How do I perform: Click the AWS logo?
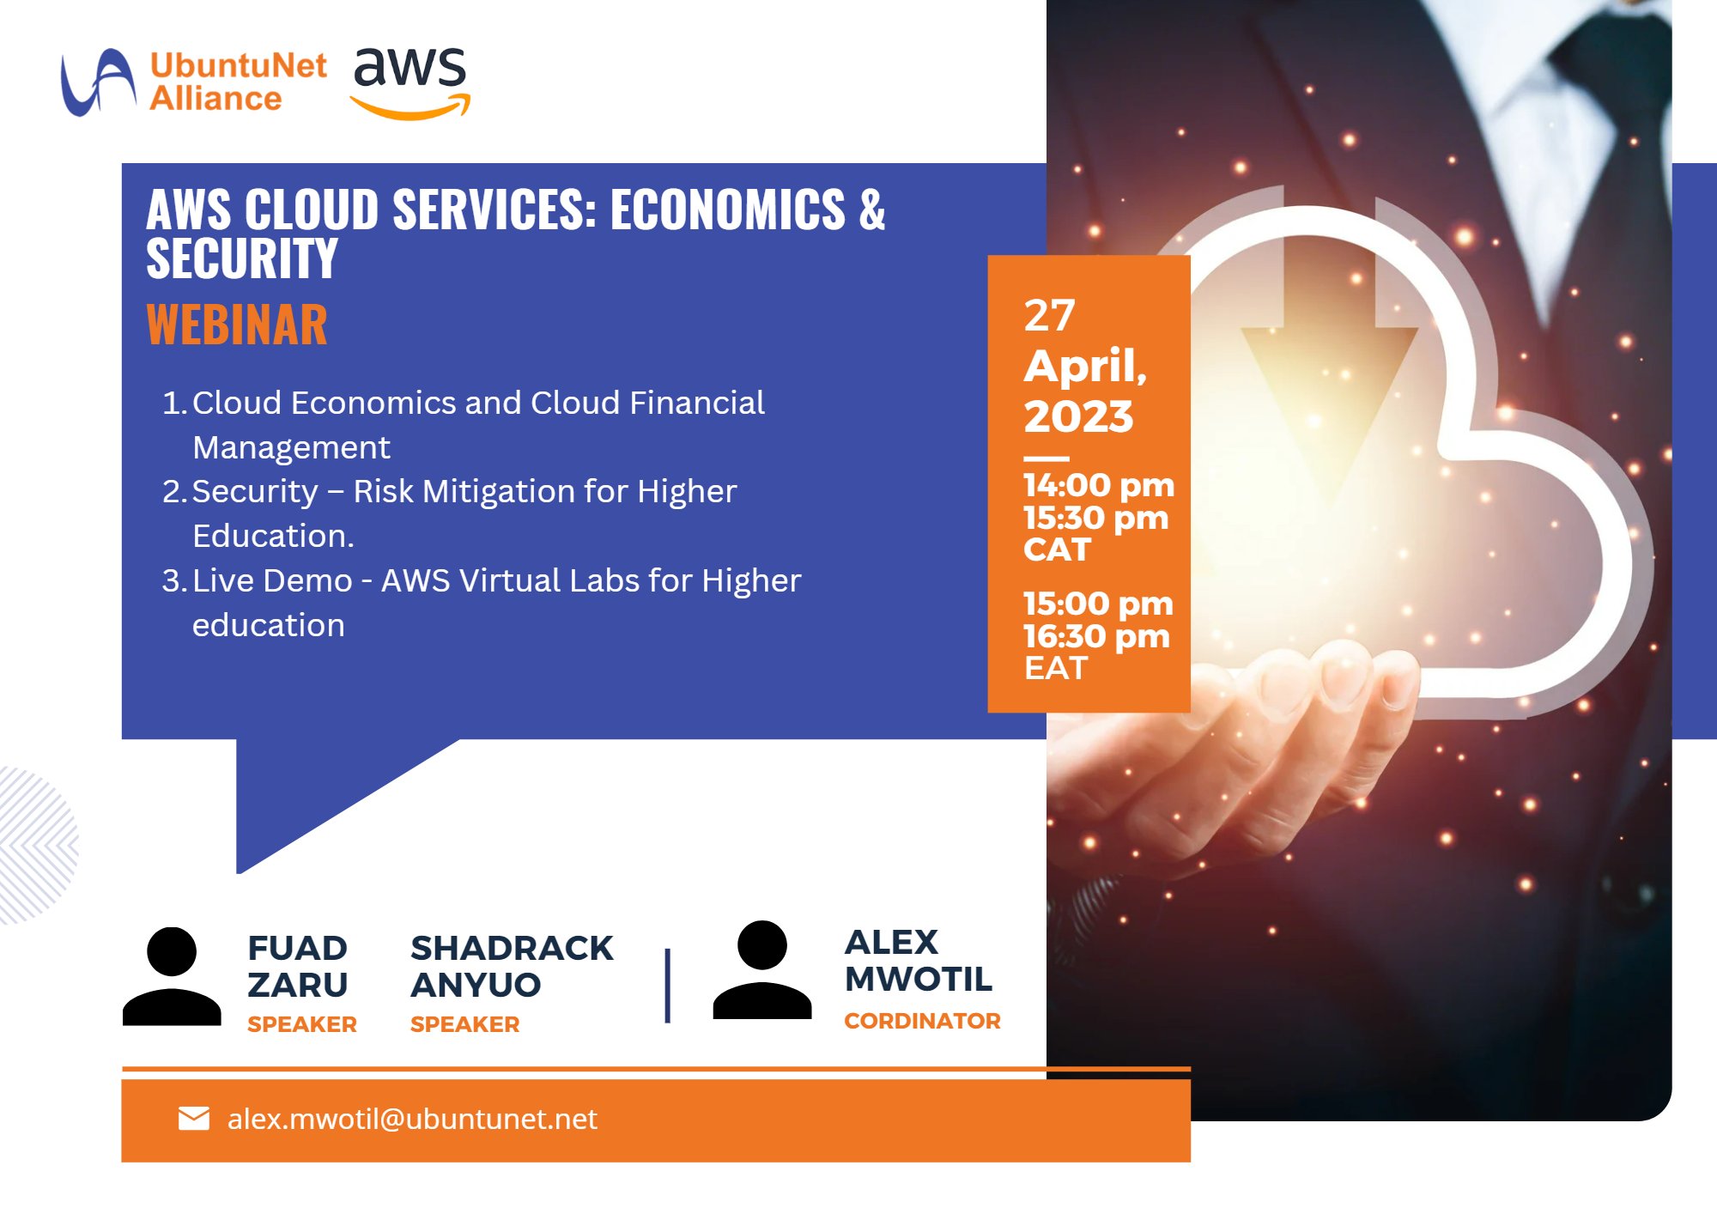click(x=410, y=82)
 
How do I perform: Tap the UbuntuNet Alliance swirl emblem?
click(x=97, y=82)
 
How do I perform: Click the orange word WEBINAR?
click(x=237, y=325)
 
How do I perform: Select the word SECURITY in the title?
click(x=242, y=259)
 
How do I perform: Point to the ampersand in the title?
click(x=871, y=210)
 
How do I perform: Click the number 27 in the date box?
click(x=1049, y=316)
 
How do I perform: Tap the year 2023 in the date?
click(x=1078, y=416)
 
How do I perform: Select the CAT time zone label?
click(x=1056, y=550)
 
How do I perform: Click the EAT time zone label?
click(x=1055, y=669)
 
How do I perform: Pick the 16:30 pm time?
click(x=1096, y=637)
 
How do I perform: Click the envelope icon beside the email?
click(x=194, y=1119)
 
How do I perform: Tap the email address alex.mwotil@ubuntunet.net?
click(x=412, y=1120)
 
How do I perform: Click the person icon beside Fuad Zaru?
click(x=172, y=976)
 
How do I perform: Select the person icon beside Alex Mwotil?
click(x=762, y=970)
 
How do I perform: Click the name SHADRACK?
click(x=512, y=949)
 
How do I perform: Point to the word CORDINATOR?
click(x=922, y=1021)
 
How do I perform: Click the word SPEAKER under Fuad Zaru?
click(x=301, y=1024)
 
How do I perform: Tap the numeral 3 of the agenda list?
click(x=172, y=581)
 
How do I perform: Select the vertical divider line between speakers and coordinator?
click(x=668, y=986)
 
